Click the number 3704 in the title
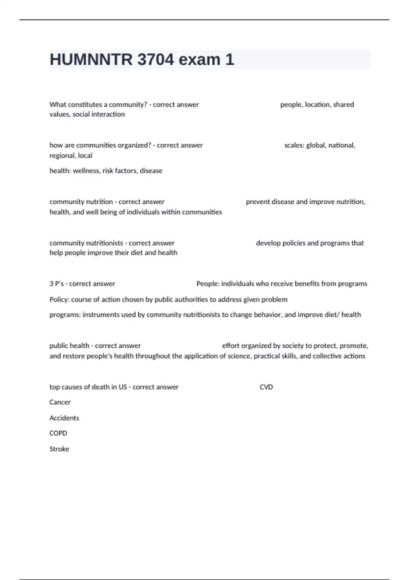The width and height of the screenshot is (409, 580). coord(156,60)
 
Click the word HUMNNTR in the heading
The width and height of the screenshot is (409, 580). coord(91,60)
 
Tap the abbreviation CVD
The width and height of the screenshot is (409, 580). coord(266,387)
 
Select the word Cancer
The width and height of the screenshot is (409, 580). coord(60,402)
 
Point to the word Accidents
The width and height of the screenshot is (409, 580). coord(64,418)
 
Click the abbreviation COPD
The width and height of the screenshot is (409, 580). coord(58,433)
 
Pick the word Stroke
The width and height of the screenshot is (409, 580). coord(59,449)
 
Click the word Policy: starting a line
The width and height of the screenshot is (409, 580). coord(59,300)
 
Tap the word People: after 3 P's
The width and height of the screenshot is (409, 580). coord(208,284)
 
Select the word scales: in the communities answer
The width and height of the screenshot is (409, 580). coord(294,145)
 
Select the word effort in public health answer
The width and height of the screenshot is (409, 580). coord(231,346)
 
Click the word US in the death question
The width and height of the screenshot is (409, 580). coord(123,387)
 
